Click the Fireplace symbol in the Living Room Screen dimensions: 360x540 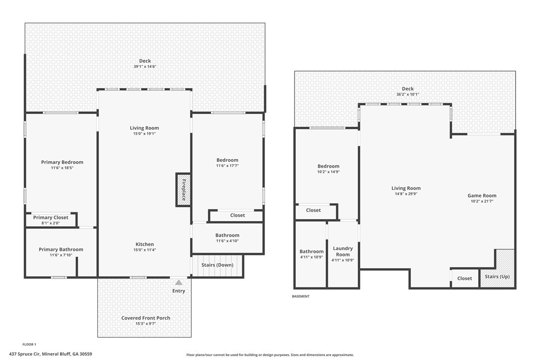click(183, 189)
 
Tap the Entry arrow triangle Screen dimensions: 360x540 click(179, 282)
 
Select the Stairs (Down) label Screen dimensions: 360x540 click(217, 265)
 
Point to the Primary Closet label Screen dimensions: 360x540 click(51, 218)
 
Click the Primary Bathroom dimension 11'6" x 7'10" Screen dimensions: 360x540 click(61, 255)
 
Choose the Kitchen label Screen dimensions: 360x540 click(145, 244)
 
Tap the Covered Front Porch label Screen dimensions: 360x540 click(146, 318)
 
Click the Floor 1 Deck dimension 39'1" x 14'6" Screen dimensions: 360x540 click(145, 66)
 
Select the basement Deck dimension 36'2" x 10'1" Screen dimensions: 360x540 click(408, 94)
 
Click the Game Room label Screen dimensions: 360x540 click(482, 195)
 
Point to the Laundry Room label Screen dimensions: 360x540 click(343, 251)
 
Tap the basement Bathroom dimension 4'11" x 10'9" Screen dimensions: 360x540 click(311, 257)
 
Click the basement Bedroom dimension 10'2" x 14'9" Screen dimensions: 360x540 click(328, 172)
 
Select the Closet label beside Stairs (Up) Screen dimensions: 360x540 click(464, 278)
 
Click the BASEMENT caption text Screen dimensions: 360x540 click(300, 296)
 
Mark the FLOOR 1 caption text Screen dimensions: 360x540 click(29, 344)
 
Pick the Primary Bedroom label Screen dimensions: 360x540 click(62, 162)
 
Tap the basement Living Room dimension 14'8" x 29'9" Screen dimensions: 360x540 click(406, 194)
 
